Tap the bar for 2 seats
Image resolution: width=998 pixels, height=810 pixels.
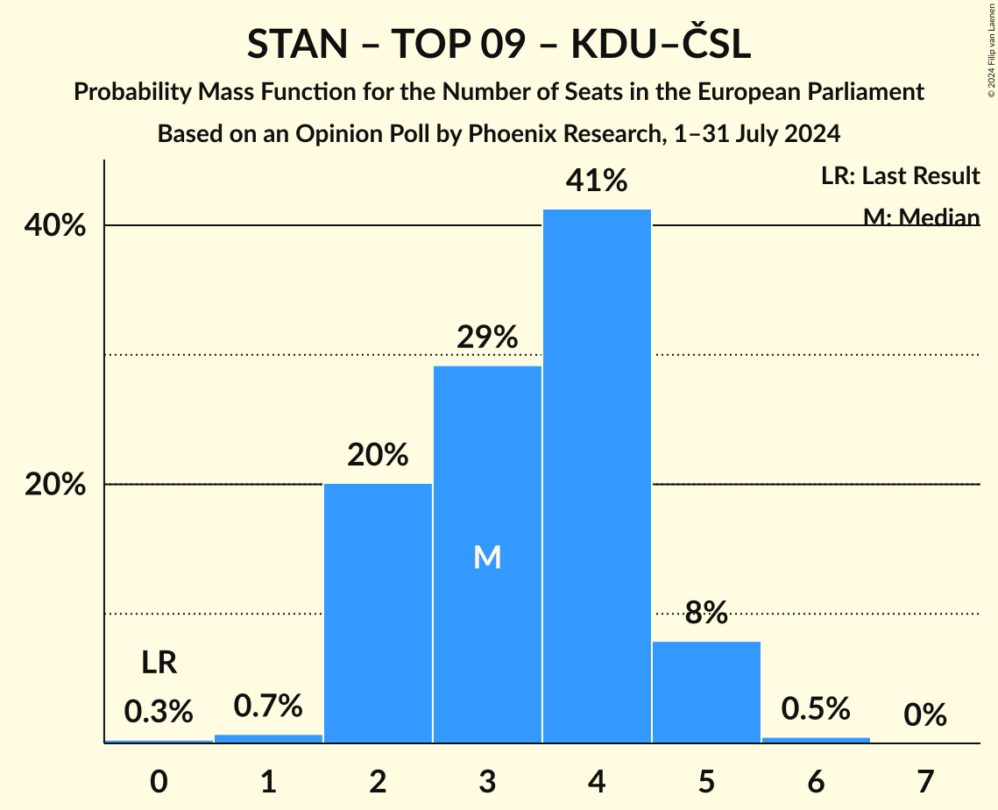click(x=378, y=613)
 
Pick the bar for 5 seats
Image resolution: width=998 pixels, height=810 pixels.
click(x=706, y=692)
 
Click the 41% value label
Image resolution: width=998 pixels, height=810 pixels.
click(x=597, y=181)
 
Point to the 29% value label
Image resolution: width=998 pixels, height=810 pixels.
click(x=487, y=337)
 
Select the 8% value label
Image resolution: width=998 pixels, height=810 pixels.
click(x=706, y=613)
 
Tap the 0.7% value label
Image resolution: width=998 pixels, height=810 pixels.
click(x=268, y=705)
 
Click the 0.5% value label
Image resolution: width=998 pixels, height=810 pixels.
click(x=816, y=708)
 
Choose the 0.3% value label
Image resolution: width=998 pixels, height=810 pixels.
click(x=159, y=711)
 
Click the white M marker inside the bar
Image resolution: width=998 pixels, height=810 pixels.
click(x=487, y=558)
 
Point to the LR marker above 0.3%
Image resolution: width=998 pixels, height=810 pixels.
click(x=159, y=663)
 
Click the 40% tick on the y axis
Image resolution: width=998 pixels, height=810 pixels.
click(x=55, y=226)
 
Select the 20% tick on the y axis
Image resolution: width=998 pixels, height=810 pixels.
click(x=55, y=485)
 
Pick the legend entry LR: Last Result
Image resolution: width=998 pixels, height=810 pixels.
click(x=900, y=176)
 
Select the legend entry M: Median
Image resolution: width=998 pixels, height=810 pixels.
click(x=921, y=217)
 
